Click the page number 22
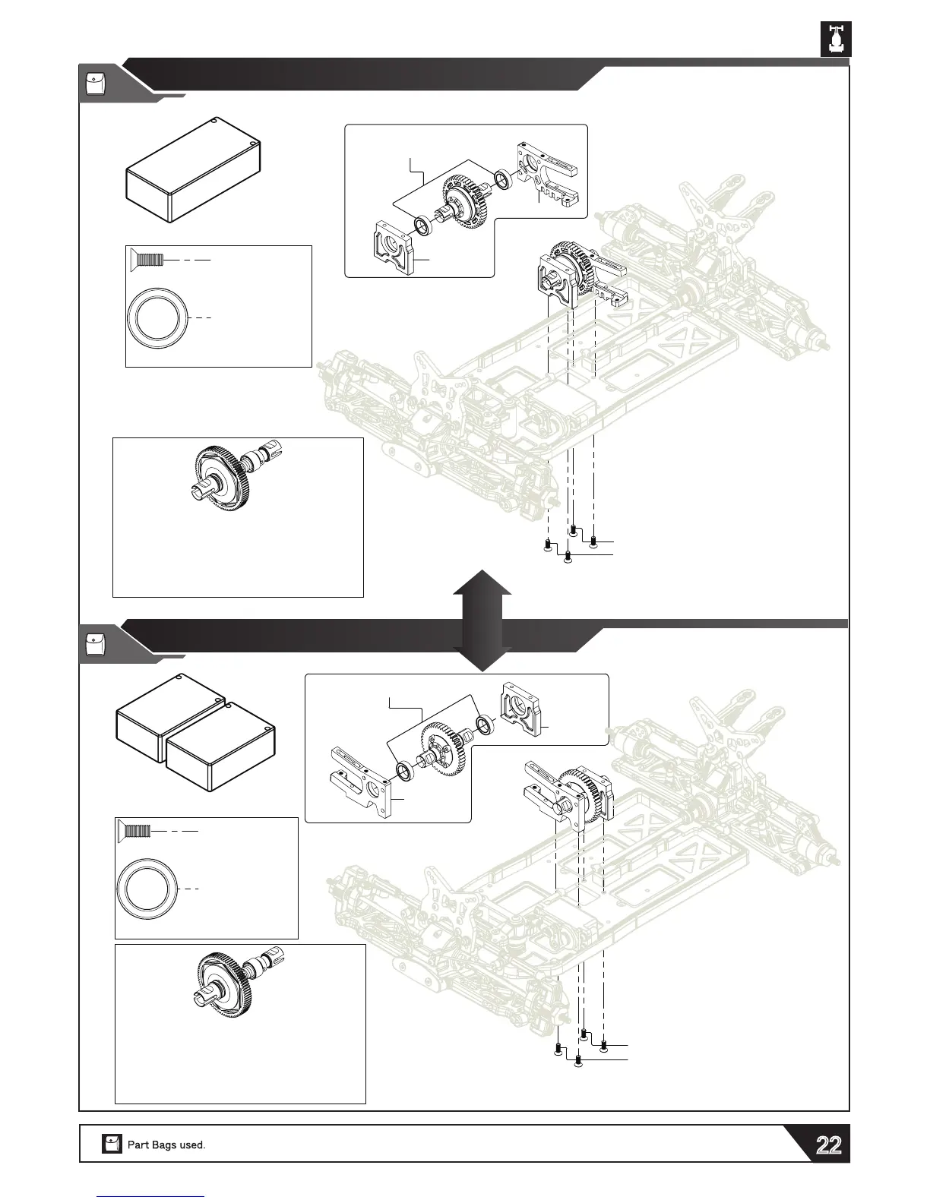tap(828, 1145)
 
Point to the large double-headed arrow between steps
tap(482, 619)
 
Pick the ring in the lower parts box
tap(147, 888)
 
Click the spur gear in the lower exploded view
tap(443, 748)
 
